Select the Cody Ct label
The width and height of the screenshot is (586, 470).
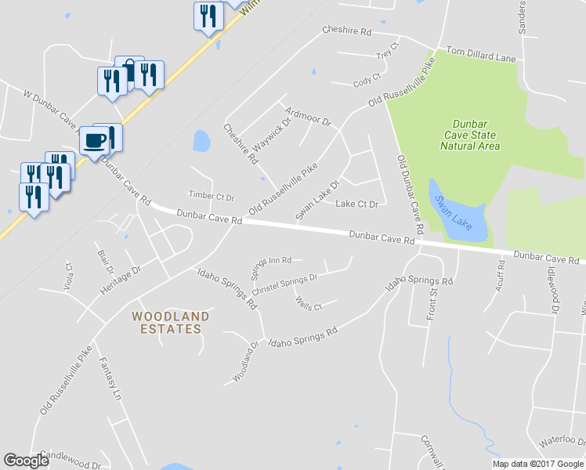click(x=366, y=79)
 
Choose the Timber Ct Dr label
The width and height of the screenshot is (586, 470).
click(x=212, y=195)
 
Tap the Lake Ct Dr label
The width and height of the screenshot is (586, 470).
click(x=356, y=204)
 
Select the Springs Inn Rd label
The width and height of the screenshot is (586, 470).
click(x=271, y=265)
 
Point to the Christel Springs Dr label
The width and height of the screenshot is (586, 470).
click(x=284, y=281)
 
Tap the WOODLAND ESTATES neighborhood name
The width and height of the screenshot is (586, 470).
click(x=171, y=323)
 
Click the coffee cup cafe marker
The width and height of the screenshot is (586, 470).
click(x=96, y=141)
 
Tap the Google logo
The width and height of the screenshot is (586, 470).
click(x=27, y=461)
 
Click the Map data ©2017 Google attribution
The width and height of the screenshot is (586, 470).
click(x=537, y=464)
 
